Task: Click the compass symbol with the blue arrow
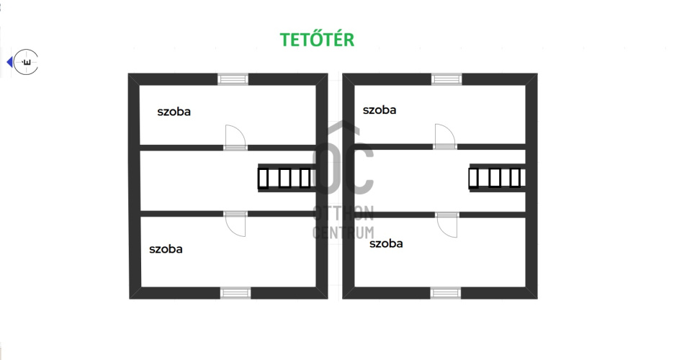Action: click(x=27, y=63)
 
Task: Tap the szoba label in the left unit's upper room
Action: click(x=174, y=112)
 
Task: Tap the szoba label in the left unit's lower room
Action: click(x=166, y=249)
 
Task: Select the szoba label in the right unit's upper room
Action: click(x=380, y=110)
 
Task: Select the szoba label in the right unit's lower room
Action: click(x=386, y=243)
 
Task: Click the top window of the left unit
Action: click(x=233, y=79)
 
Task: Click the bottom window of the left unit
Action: click(x=235, y=292)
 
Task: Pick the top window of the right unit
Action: click(x=446, y=79)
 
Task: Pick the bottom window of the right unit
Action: click(x=446, y=292)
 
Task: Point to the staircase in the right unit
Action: click(x=495, y=178)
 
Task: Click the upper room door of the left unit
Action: click(x=235, y=137)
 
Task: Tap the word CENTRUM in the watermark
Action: click(x=343, y=232)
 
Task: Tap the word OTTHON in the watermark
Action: click(x=343, y=212)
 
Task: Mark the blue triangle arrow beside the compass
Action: click(x=9, y=63)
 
